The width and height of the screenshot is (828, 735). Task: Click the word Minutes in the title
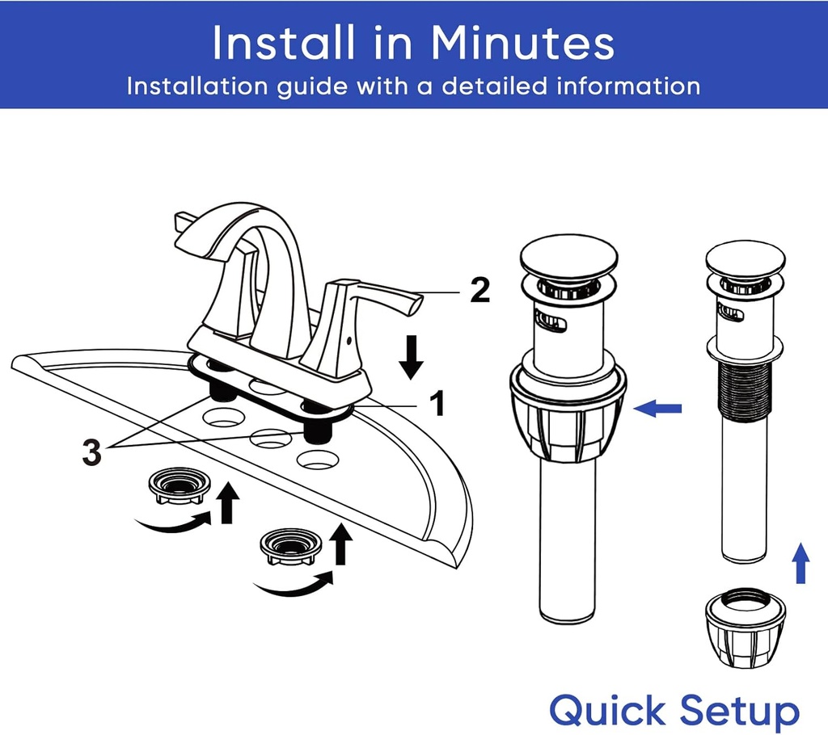[x=522, y=43]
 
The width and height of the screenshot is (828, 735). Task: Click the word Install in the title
[x=284, y=43]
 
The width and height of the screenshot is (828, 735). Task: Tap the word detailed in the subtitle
[x=494, y=86]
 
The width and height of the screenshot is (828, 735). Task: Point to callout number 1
[x=436, y=404]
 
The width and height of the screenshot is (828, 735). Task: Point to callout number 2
[x=479, y=290]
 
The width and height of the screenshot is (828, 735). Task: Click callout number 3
[x=92, y=452]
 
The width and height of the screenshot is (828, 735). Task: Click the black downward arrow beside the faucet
[x=412, y=357]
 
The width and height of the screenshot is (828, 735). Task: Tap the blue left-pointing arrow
[x=657, y=408]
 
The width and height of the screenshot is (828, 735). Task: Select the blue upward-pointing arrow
[x=801, y=563]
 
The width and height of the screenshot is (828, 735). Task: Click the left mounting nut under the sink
[x=180, y=485]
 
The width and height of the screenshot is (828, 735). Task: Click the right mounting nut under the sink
[x=291, y=546]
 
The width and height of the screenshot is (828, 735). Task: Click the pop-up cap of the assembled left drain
[x=568, y=258]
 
